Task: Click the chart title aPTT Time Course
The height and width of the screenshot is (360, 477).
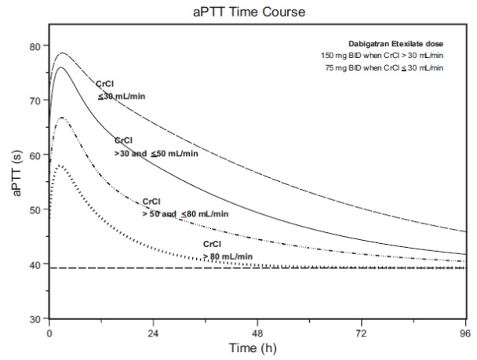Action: (238, 11)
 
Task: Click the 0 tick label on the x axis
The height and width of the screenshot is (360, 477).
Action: (49, 333)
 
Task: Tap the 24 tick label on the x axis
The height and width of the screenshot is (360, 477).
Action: (154, 333)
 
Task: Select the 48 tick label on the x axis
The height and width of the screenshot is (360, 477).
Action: (258, 333)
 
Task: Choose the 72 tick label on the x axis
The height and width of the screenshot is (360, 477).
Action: (362, 333)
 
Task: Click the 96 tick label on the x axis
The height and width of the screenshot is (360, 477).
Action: (466, 333)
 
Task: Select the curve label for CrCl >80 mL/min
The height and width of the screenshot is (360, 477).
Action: (228, 251)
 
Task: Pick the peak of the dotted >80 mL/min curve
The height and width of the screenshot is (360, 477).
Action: (60, 166)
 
